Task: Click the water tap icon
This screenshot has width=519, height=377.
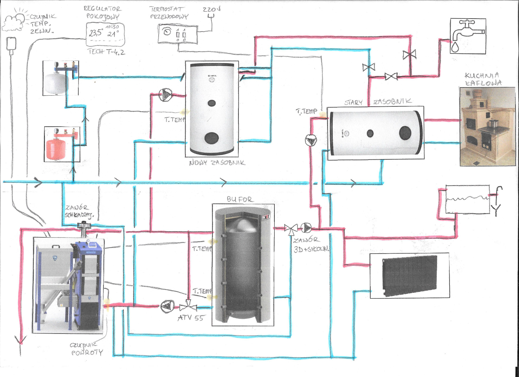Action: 468,36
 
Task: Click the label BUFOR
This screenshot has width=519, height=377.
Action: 239,199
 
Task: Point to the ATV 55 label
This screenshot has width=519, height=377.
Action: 191,318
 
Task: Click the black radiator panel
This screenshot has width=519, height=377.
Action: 410,275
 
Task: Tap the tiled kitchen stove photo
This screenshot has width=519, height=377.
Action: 487,126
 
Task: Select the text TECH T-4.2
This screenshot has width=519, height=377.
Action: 106,52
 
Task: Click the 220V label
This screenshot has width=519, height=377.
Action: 211,9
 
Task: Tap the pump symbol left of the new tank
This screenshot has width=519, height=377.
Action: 165,95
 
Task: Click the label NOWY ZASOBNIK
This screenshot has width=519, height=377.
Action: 217,163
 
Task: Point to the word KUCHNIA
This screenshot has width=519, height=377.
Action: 482,75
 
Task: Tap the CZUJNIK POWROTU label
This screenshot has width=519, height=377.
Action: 86,349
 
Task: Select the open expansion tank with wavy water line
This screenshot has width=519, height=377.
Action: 467,199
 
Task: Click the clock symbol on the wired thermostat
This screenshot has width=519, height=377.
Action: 167,32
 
